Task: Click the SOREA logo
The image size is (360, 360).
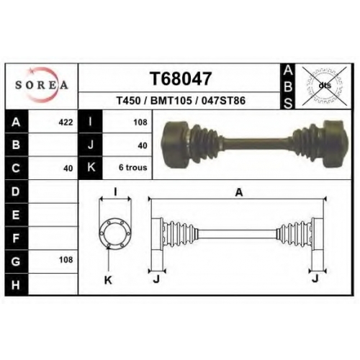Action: pyautogui.click(x=42, y=85)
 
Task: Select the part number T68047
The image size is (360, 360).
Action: pyautogui.click(x=181, y=78)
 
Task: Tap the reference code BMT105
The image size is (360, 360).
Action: pyautogui.click(x=171, y=101)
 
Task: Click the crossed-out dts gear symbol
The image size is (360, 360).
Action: pyautogui.click(x=325, y=86)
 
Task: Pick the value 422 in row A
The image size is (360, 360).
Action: pyautogui.click(x=66, y=122)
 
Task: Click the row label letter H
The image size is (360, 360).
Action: pyautogui.click(x=16, y=285)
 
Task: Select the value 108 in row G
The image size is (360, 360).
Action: pyautogui.click(x=66, y=260)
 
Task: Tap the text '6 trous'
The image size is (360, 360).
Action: pyautogui.click(x=132, y=167)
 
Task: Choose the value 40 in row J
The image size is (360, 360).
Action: pyautogui.click(x=143, y=145)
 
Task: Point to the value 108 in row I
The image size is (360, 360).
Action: pyautogui.click(x=140, y=122)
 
